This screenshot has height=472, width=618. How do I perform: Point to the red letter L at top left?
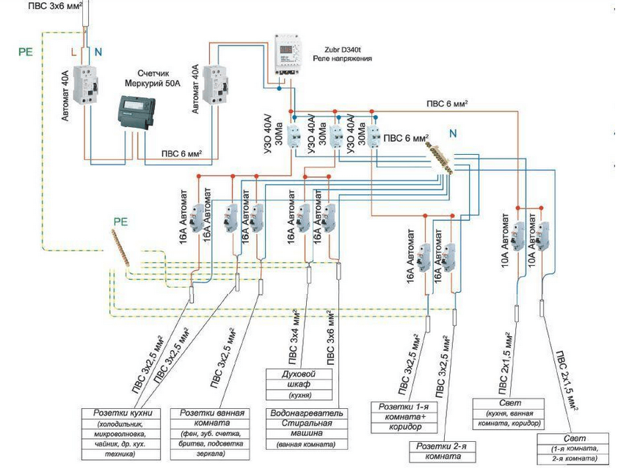point(73,51)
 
